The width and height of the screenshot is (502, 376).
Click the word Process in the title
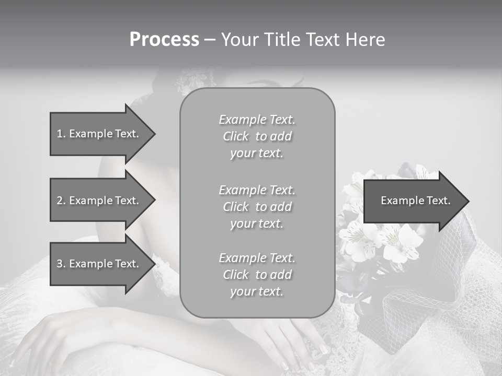point(164,40)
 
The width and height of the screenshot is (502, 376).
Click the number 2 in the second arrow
point(60,201)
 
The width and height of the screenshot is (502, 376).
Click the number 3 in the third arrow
point(60,264)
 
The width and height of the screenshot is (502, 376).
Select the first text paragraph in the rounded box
point(257,136)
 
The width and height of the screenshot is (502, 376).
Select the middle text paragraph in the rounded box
point(257,207)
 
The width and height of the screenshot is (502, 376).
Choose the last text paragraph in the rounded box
point(257,275)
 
